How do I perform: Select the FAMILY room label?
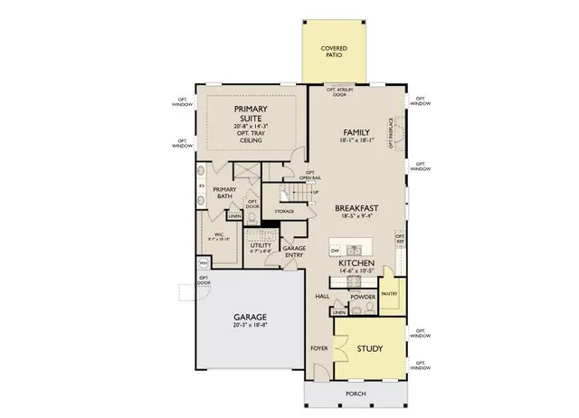click(356, 133)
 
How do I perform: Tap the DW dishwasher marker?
click(335, 249)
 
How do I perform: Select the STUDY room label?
click(368, 349)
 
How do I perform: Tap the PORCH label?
click(356, 394)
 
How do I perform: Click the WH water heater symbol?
click(203, 264)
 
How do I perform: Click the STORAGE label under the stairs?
click(285, 212)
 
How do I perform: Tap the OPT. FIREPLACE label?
click(391, 130)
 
